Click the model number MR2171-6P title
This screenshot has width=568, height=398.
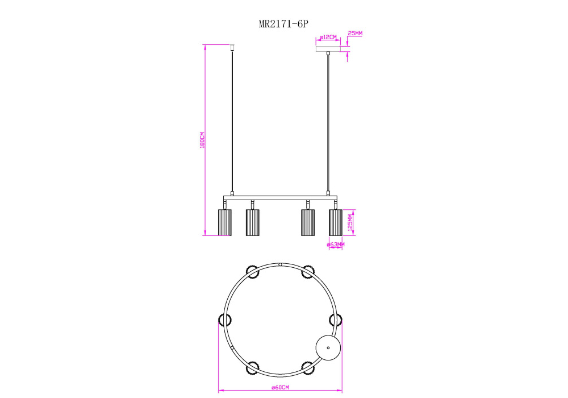pos(283,24)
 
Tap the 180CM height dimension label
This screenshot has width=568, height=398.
pos(202,140)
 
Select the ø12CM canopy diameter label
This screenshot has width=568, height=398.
pos(328,38)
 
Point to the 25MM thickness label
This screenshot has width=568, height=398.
pos(355,34)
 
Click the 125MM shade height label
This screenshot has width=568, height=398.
pos(350,222)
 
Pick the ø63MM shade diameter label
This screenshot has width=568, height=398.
pos(336,244)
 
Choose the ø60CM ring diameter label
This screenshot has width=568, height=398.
pos(280,387)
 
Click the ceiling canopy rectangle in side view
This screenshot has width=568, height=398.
pos(328,49)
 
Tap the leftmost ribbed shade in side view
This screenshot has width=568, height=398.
pos(224,222)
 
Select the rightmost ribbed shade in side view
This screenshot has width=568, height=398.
pos(336,222)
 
